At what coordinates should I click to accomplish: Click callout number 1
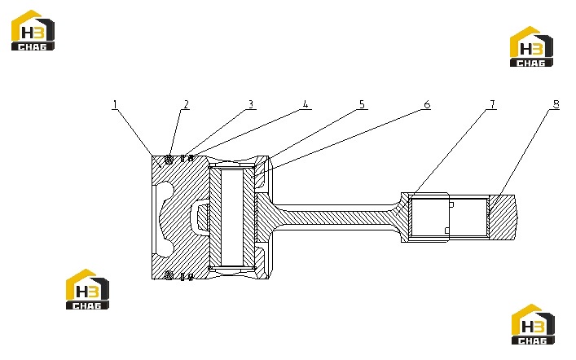coord(115,105)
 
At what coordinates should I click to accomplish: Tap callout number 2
coord(187,105)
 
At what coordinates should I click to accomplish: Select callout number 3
coord(251,105)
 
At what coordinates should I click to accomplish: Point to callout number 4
coord(306,105)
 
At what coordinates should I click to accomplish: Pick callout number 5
coord(362,105)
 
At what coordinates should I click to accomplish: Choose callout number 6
coord(427,105)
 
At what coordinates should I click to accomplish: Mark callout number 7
coord(493,105)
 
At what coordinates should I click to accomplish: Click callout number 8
coord(556,105)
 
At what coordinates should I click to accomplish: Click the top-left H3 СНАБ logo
coord(33,30)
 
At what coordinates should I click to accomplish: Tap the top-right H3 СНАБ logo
coord(531,46)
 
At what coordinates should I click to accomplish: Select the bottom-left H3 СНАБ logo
coord(87,289)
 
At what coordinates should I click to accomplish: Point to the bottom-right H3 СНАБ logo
coord(533,324)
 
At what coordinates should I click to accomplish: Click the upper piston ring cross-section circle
coord(169,160)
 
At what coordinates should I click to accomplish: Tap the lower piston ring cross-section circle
coord(169,275)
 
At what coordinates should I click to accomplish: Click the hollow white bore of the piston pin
coord(232,217)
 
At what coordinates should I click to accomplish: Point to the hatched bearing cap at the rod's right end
coord(503,217)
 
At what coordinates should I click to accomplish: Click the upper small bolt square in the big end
coord(452,204)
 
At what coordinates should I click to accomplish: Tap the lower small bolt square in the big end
coord(447,230)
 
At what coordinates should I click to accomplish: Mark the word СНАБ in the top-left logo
coord(33,46)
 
